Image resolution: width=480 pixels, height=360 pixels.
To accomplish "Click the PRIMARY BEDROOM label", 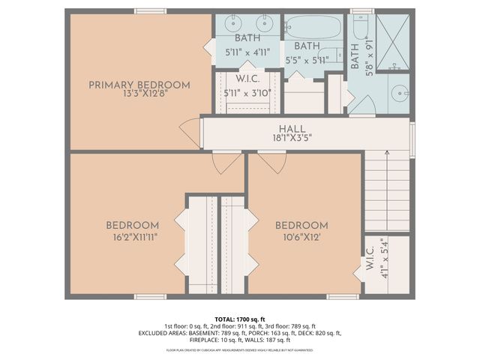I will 139,84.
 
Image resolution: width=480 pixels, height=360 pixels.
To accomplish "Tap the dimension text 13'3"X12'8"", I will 139,95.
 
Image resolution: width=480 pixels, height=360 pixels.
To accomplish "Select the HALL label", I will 292,128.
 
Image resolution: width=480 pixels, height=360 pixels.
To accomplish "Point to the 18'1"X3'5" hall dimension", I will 292,139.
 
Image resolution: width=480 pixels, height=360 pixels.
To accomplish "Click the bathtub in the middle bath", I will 312,27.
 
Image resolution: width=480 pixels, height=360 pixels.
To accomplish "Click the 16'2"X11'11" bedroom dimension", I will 132,236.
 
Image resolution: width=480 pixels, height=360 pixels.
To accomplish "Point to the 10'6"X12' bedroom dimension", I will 301,236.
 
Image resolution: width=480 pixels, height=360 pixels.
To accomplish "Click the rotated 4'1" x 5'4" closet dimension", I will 382,257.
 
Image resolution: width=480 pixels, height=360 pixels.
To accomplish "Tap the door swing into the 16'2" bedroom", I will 226,162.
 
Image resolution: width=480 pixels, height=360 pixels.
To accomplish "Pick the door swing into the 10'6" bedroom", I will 271,162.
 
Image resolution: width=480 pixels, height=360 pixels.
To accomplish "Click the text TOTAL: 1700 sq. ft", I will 239,318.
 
